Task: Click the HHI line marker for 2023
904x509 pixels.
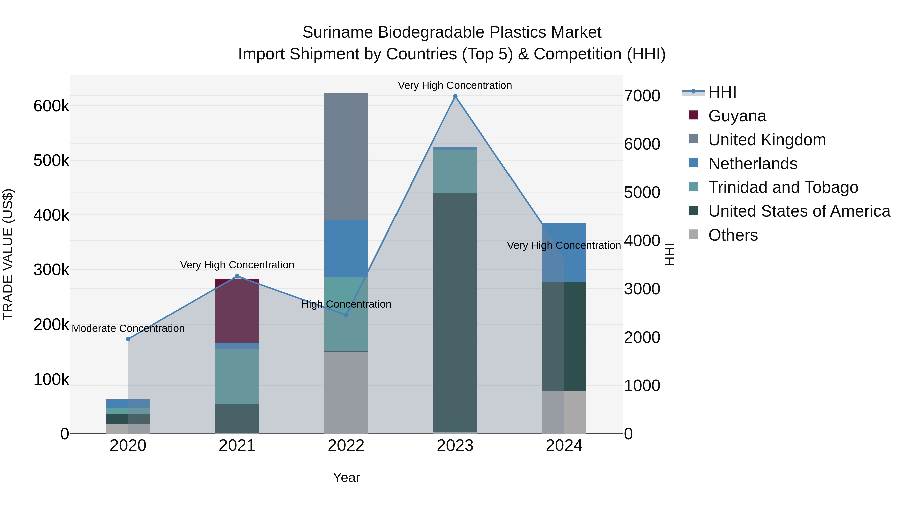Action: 455,96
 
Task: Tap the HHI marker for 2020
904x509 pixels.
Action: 128,339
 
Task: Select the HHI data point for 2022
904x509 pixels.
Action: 346,315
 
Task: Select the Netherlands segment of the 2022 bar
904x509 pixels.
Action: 346,249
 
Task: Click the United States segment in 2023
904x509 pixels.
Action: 455,313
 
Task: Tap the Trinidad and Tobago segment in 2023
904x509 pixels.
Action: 455,171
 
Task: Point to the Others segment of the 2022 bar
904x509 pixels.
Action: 346,393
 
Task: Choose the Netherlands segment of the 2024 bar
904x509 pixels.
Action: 564,252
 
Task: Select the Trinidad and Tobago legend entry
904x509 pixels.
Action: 782,187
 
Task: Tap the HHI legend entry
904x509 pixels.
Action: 722,92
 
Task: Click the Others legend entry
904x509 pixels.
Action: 733,235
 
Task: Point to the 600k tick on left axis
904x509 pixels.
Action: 51,106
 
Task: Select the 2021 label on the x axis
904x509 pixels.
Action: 237,446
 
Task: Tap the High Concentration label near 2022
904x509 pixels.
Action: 346,304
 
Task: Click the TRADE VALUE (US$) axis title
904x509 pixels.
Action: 8,254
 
